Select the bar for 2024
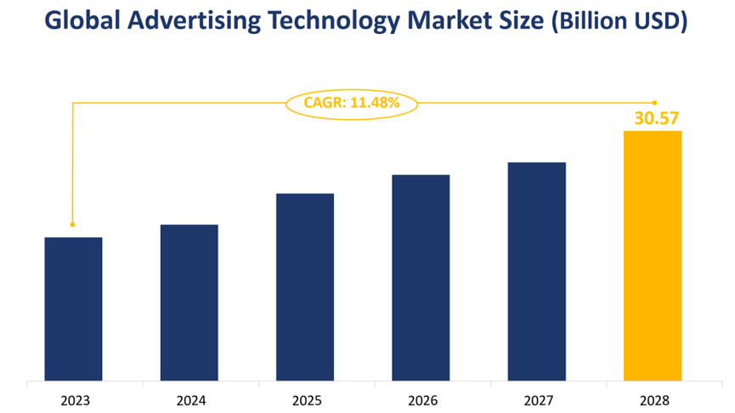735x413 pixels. pos(189,303)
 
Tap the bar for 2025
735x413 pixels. pos(305,286)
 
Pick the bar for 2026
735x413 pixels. pos(421,277)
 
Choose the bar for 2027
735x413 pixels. pos(537,271)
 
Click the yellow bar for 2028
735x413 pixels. pos(653,255)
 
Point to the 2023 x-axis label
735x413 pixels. pos(73,399)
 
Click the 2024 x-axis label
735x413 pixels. pos(189,399)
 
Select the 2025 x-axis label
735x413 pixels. pos(305,399)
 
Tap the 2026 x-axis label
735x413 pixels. pos(421,399)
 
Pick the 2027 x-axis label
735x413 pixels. pos(537,399)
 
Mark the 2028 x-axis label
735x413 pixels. pos(653,399)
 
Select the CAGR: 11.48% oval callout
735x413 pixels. pos(351,103)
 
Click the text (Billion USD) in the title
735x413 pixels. pos(619,23)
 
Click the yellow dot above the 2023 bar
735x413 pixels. pos(72,224)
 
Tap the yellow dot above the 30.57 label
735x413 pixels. pos(654,103)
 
